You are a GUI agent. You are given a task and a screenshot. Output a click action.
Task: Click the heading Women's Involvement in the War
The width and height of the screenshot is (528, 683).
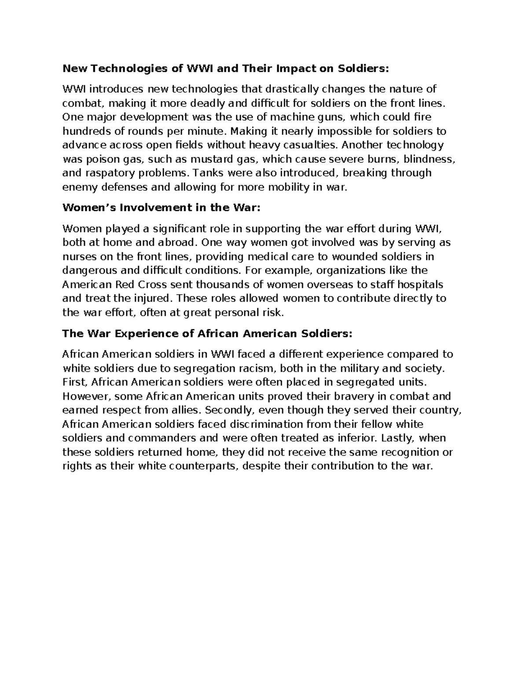pyautogui.click(x=161, y=208)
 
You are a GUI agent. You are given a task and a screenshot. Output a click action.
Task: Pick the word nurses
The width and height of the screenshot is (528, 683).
pyautogui.click(x=78, y=256)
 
